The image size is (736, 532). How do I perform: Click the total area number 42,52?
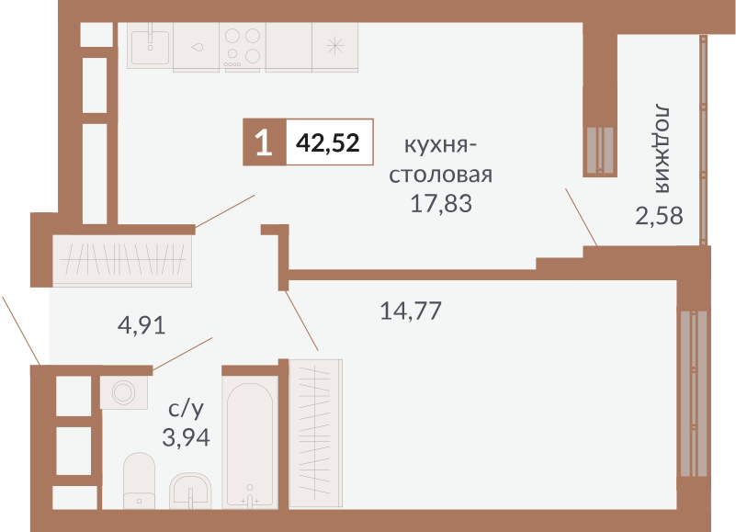(x=328, y=143)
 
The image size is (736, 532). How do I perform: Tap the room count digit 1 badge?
(x=264, y=143)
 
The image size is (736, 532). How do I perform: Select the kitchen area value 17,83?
(x=441, y=203)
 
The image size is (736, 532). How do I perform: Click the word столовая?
(x=441, y=175)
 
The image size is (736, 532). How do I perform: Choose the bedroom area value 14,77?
(x=411, y=311)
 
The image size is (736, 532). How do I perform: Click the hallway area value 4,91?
(x=142, y=324)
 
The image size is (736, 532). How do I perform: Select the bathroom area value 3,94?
(x=186, y=436)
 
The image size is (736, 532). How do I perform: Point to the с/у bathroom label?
(x=186, y=408)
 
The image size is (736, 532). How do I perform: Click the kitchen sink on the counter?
(x=150, y=45)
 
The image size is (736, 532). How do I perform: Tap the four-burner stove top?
(x=242, y=45)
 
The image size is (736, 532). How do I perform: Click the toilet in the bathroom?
(x=141, y=480)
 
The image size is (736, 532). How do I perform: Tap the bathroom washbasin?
(x=192, y=489)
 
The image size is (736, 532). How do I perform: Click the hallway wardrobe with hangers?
(x=123, y=261)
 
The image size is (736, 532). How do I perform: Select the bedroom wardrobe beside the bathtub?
(x=315, y=432)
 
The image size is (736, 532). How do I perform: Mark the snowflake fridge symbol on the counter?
(x=335, y=45)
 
